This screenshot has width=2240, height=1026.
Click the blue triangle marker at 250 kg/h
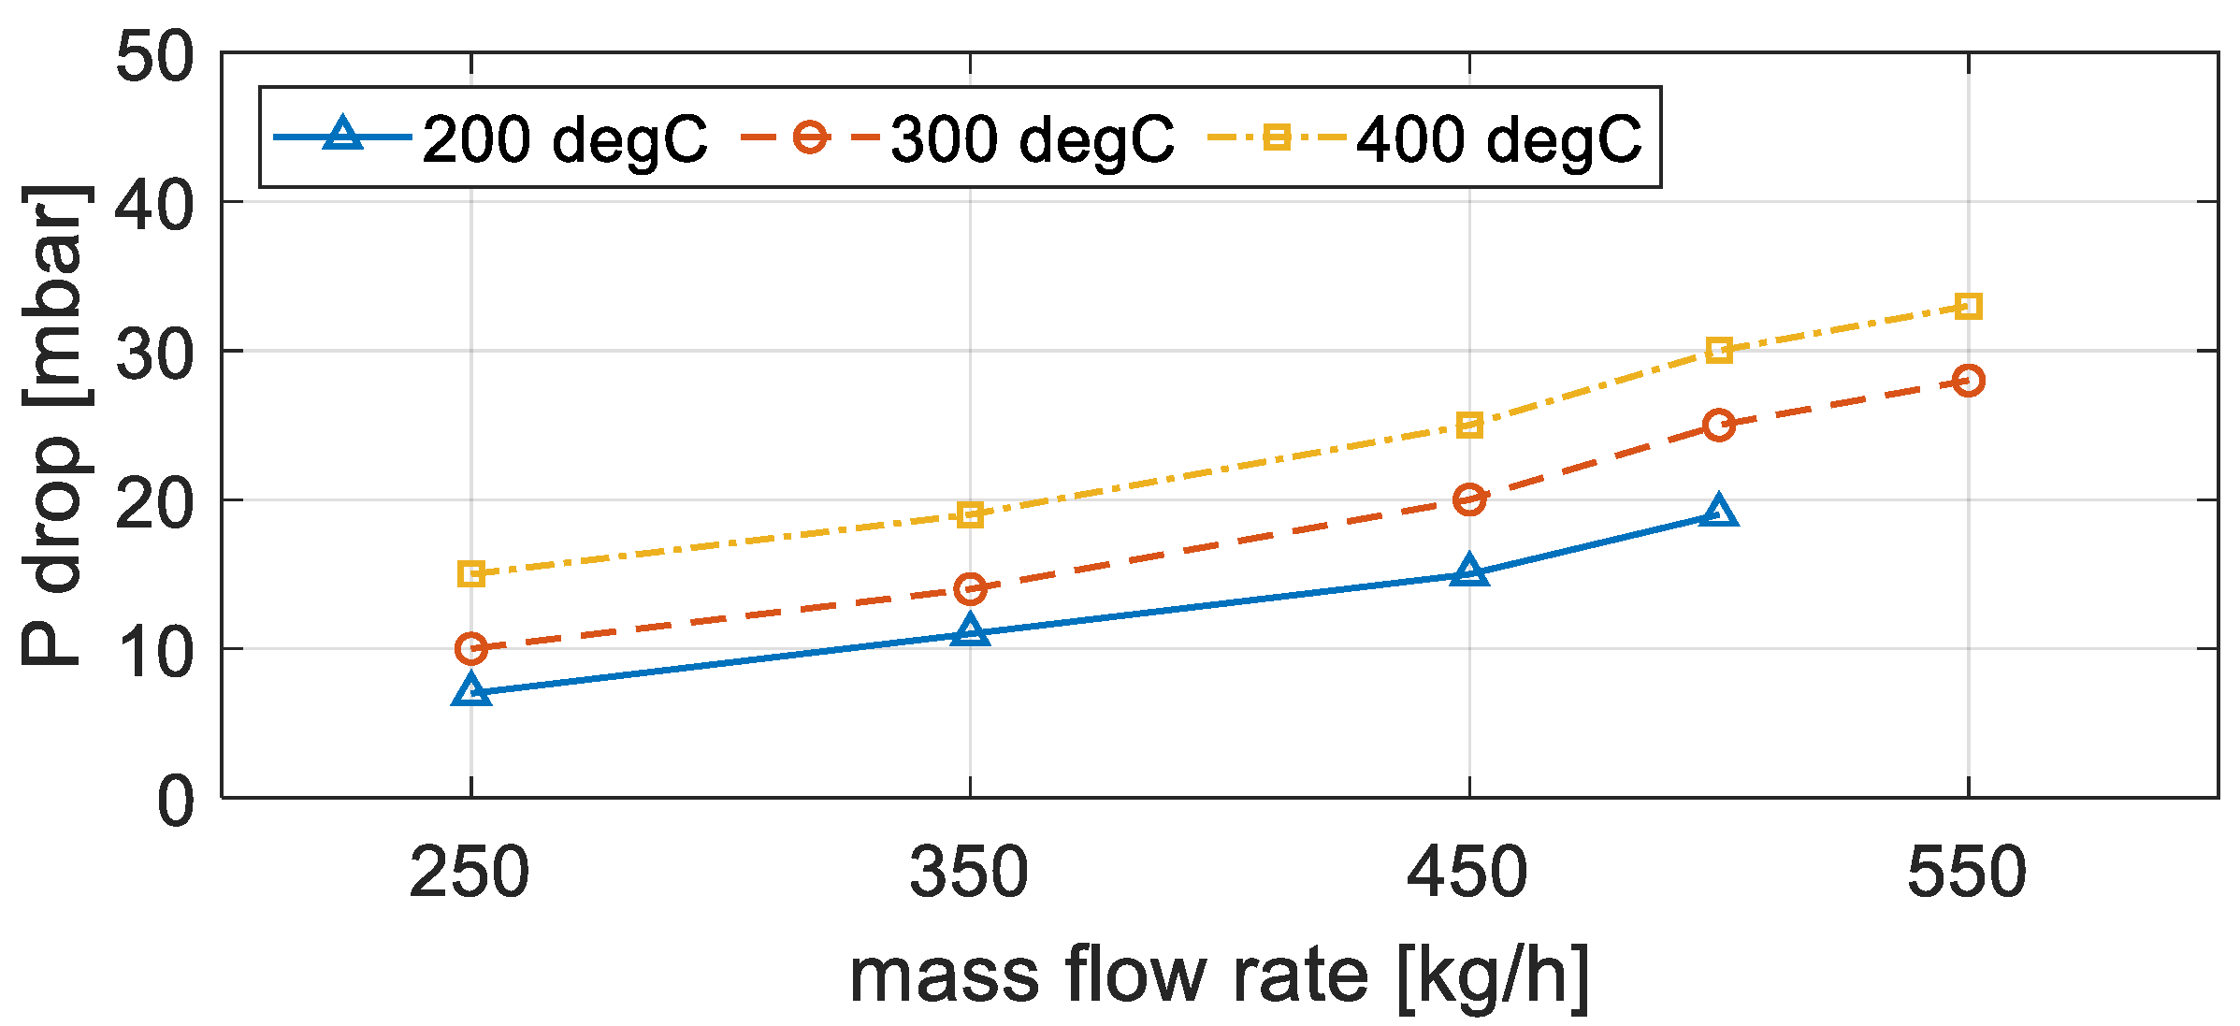[471, 691]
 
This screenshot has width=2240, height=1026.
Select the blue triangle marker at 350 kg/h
[971, 631]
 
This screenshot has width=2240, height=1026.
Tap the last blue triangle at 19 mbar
[1719, 512]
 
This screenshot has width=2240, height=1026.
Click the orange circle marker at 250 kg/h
[471, 647]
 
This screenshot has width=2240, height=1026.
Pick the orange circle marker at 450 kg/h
[1469, 499]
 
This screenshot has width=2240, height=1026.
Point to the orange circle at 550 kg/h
[1968, 381]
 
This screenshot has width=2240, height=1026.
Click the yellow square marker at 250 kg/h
[471, 573]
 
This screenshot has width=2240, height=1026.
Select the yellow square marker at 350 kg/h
[971, 514]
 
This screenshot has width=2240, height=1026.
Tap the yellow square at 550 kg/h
[1968, 306]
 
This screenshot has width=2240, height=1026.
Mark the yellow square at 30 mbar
[1719, 351]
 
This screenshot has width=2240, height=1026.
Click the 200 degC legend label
[565, 139]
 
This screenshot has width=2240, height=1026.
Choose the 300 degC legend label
[1032, 139]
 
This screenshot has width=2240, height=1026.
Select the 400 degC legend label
[1498, 139]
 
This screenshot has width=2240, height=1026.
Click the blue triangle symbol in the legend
[343, 135]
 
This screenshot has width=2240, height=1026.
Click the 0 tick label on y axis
[176, 802]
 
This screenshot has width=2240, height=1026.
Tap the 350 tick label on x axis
[969, 873]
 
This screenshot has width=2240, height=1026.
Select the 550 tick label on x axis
[1967, 873]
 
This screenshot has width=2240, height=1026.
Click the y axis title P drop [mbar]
[56, 426]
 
